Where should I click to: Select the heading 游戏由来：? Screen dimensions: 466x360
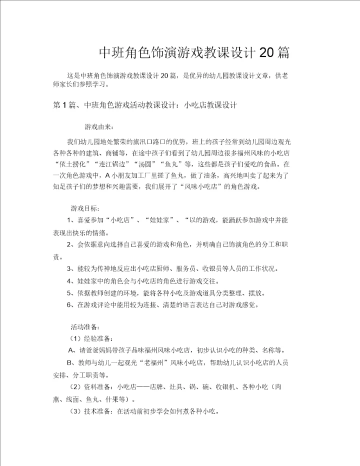click(99, 126)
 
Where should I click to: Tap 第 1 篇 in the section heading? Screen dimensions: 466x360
click(63, 105)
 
